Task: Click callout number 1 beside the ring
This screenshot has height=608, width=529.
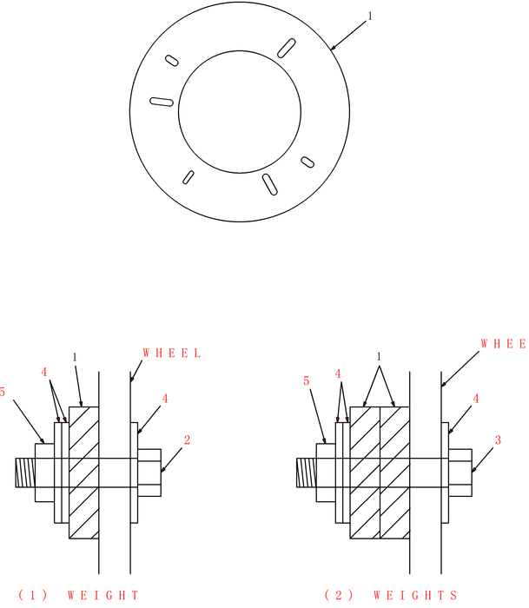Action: (x=371, y=15)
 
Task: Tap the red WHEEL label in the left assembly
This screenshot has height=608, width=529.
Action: (x=172, y=354)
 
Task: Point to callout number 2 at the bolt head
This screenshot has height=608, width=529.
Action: (x=187, y=439)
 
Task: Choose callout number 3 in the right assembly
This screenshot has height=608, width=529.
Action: (x=498, y=440)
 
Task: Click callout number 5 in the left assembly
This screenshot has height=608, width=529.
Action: (x=3, y=393)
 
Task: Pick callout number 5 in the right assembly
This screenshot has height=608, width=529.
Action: (x=307, y=380)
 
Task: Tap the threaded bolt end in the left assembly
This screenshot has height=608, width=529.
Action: (x=24, y=473)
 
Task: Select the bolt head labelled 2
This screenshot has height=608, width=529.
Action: (x=150, y=473)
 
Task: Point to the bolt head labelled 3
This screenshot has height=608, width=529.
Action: (x=460, y=473)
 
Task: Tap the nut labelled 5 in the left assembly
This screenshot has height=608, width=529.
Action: (x=44, y=473)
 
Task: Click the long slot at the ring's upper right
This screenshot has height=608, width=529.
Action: (x=285, y=48)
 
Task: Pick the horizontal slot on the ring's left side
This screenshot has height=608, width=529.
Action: (x=162, y=102)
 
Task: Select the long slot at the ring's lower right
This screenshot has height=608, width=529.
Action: (x=270, y=184)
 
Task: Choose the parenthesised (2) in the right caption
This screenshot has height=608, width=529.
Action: (x=336, y=595)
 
